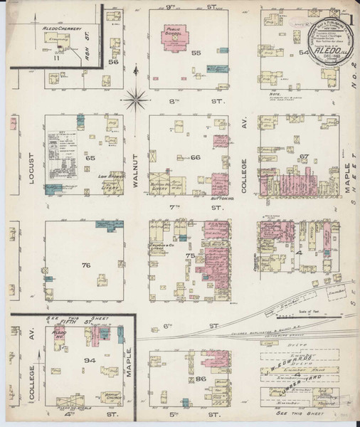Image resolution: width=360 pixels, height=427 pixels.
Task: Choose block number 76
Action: pos(86,265)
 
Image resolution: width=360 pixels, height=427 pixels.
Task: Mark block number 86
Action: pos(201,379)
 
